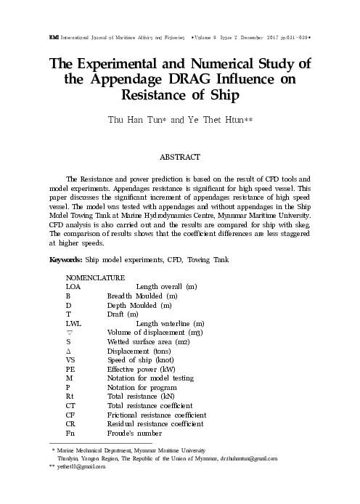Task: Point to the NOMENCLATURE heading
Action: coord(95,278)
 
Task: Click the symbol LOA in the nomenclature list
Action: coord(73,288)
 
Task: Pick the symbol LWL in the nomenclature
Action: coord(73,322)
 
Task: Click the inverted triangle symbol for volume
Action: coord(69,332)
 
